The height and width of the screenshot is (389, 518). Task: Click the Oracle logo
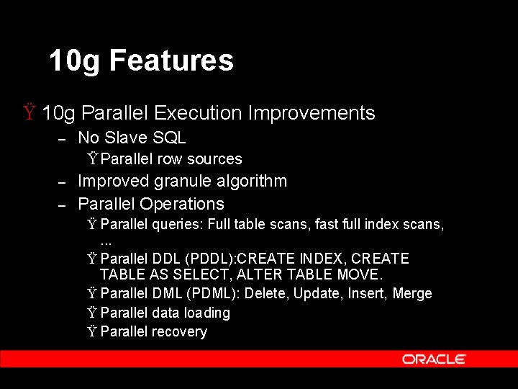point(434,359)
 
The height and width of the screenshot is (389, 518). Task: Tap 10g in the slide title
point(75,61)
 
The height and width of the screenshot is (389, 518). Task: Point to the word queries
point(177,225)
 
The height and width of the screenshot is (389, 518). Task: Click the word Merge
point(412,293)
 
